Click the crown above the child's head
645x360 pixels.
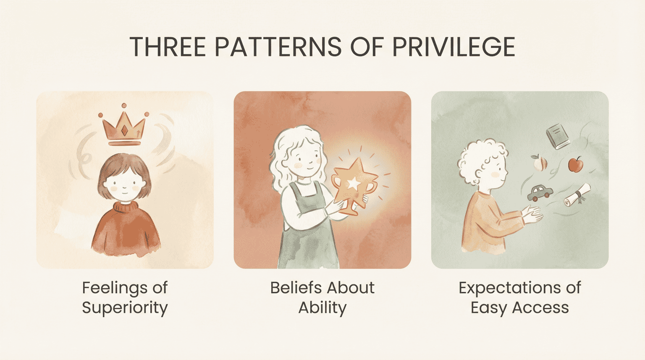pyautogui.click(x=124, y=127)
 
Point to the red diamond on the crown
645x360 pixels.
pyautogui.click(x=124, y=131)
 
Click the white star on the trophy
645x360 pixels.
pyautogui.click(x=354, y=183)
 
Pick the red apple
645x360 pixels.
pyautogui.click(x=576, y=164)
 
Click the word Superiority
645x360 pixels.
pyautogui.click(x=125, y=308)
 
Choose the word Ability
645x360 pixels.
pyautogui.click(x=322, y=308)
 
